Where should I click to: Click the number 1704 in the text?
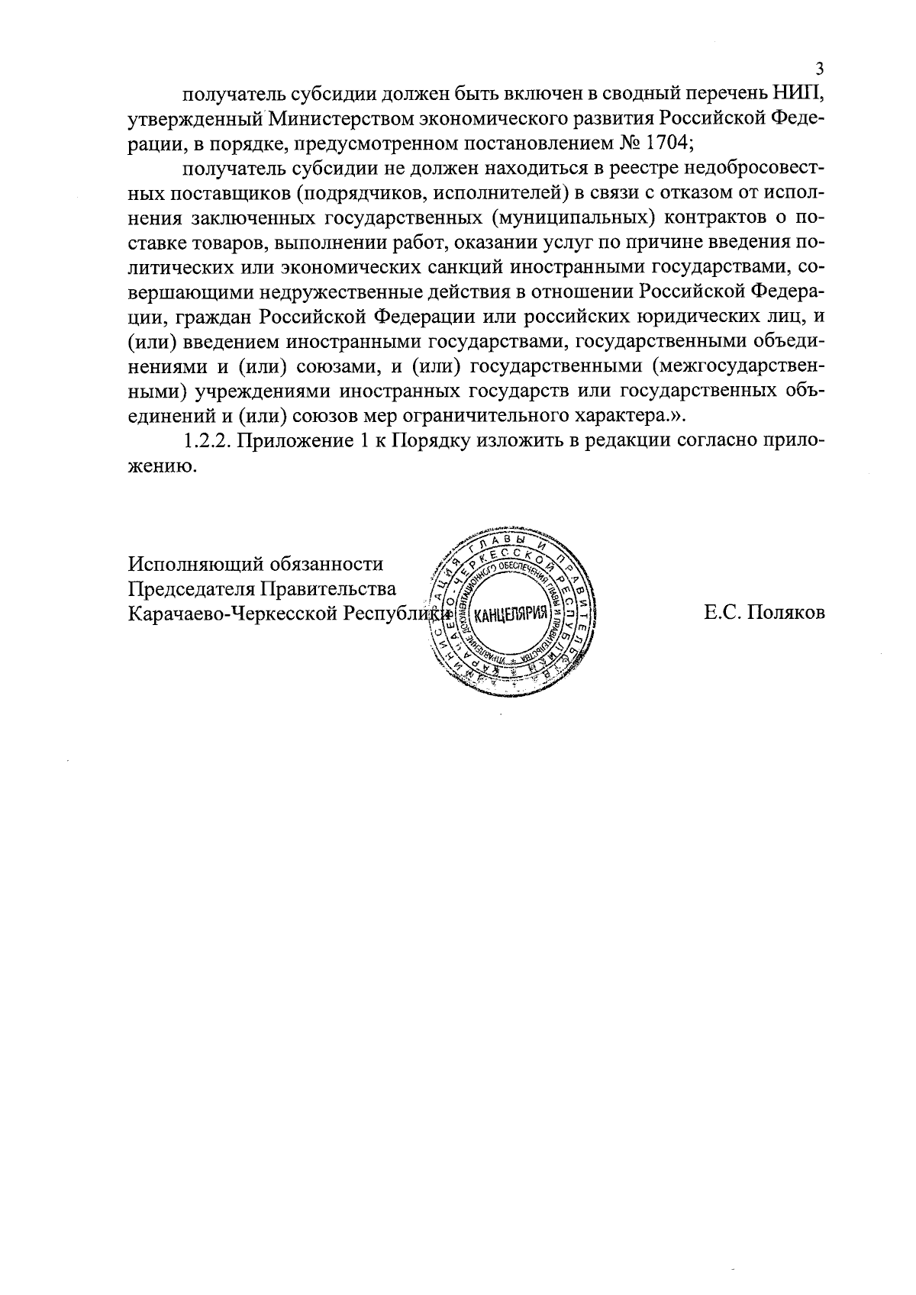click(x=668, y=143)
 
